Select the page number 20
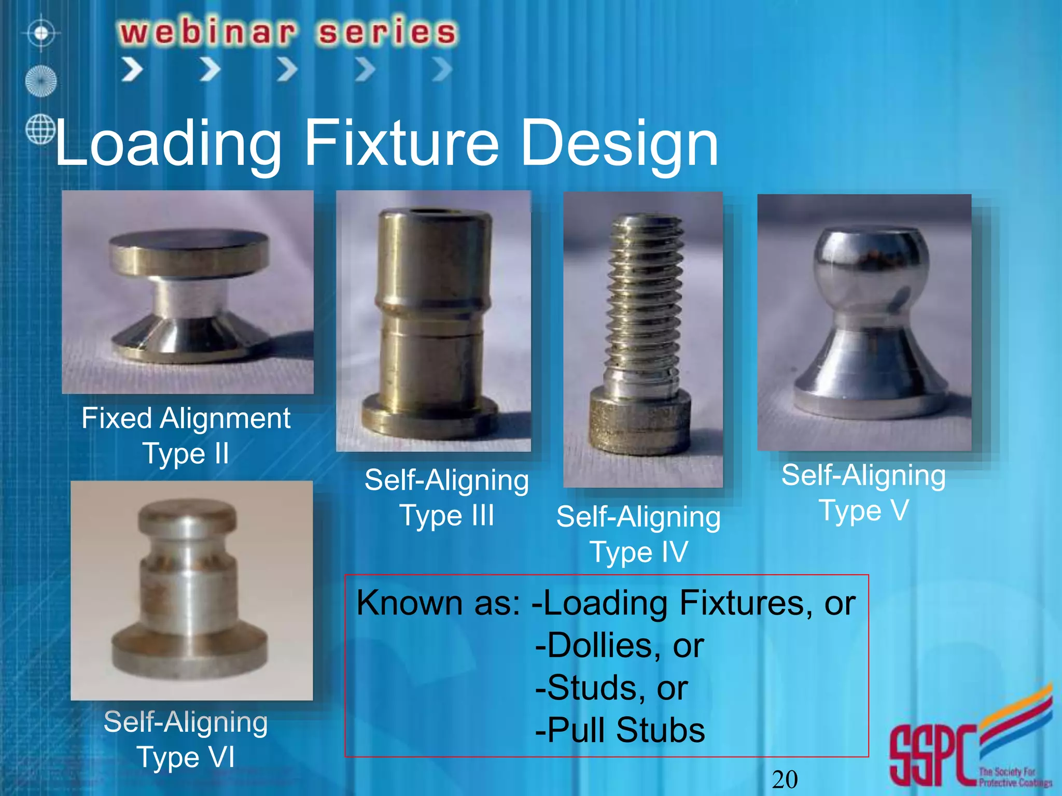785,779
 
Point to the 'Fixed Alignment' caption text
186,418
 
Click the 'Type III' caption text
446,516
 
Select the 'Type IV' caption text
638,552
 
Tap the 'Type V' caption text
863,510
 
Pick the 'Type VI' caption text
186,757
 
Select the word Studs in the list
592,688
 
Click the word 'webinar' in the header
208,32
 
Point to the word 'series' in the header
387,32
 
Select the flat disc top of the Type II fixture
189,244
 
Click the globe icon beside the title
40,130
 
